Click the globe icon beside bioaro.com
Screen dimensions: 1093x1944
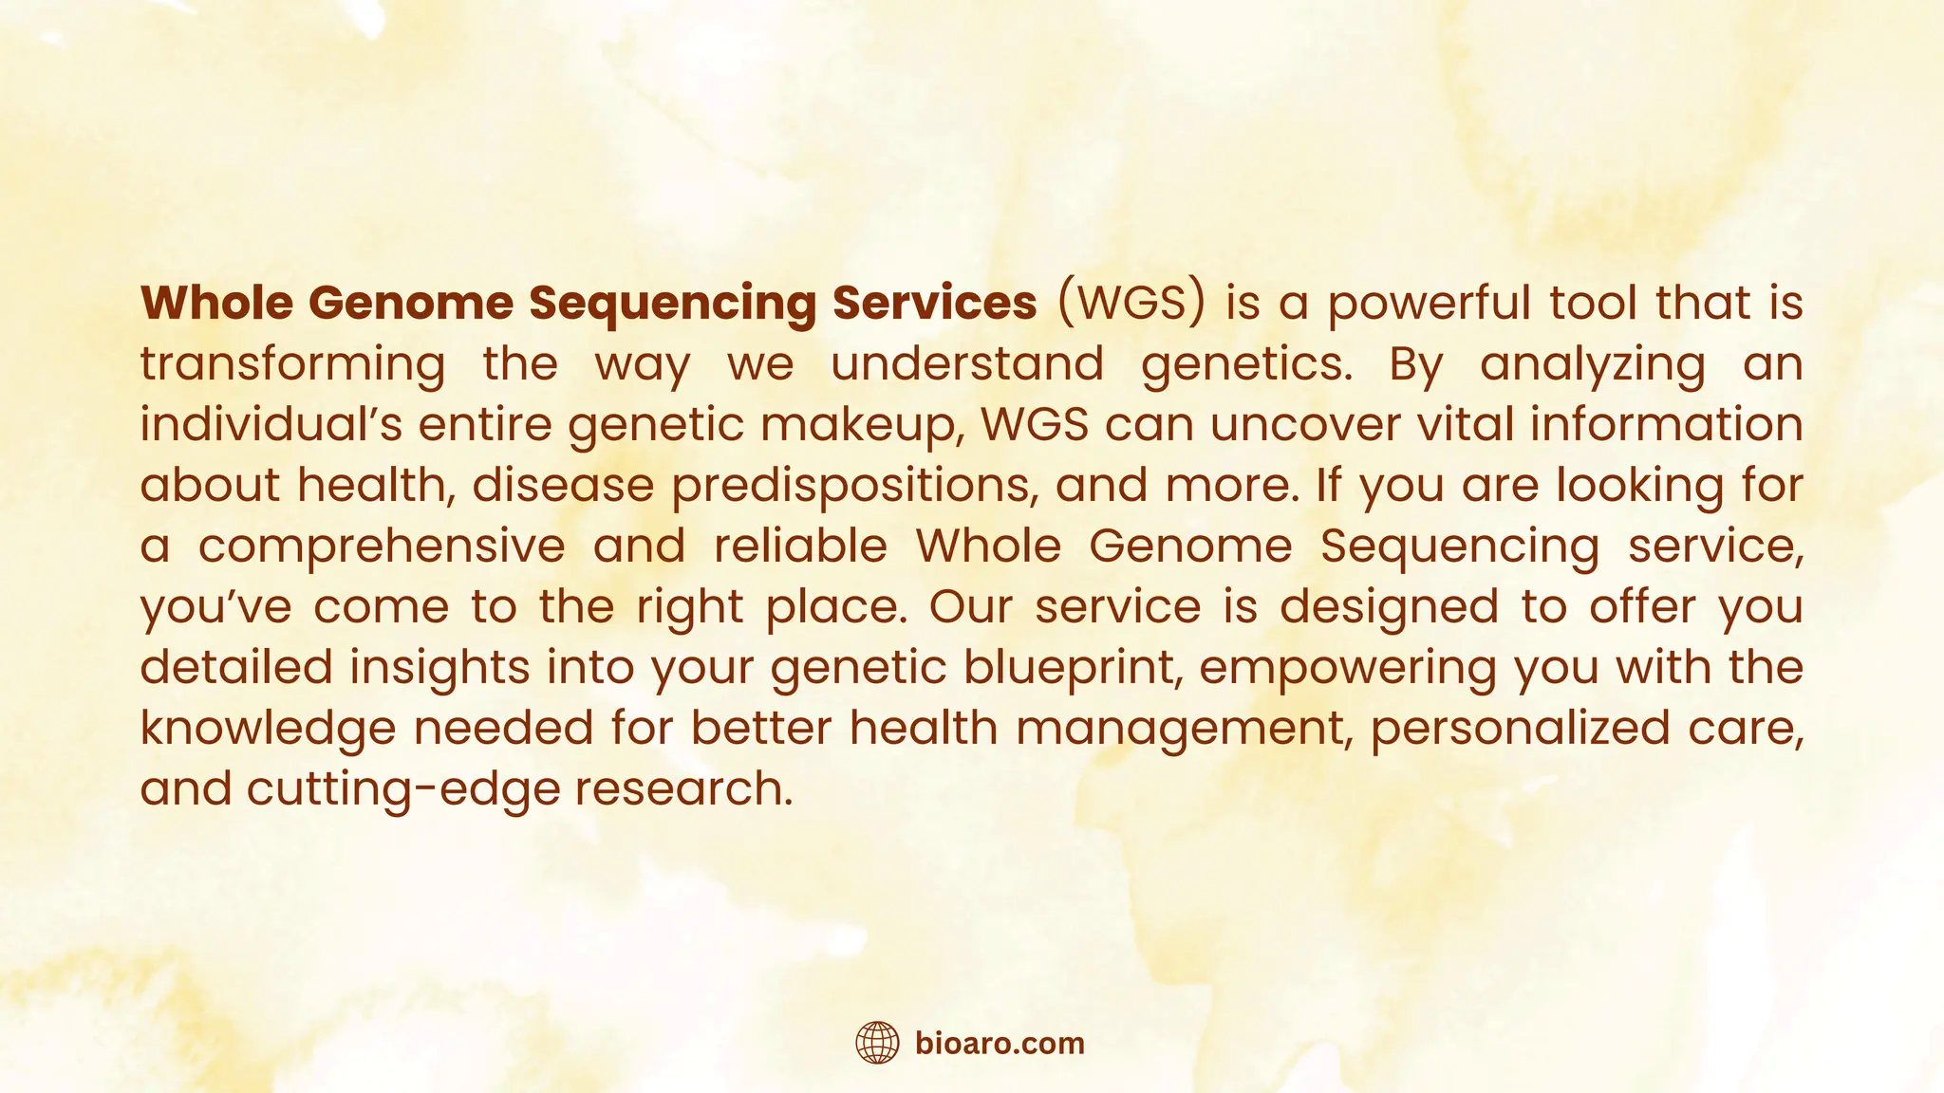click(877, 1043)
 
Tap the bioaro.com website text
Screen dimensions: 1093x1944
click(1000, 1044)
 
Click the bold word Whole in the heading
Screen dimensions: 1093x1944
click(216, 303)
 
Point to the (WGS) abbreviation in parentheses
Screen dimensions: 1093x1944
click(1131, 303)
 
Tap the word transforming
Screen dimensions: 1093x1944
click(292, 364)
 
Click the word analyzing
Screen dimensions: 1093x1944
click(1592, 364)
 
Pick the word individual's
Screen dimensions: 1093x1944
click(271, 424)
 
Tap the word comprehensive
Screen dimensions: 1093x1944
click(382, 546)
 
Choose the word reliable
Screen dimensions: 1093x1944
click(800, 546)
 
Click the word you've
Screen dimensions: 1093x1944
click(216, 607)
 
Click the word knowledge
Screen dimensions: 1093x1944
click(268, 729)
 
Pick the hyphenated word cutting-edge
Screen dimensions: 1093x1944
click(403, 789)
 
